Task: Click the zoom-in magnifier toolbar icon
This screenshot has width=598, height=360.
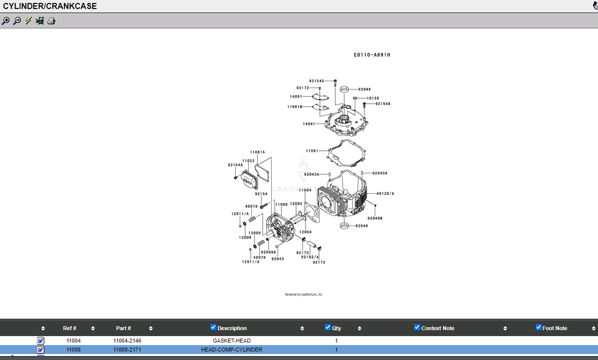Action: coord(5,21)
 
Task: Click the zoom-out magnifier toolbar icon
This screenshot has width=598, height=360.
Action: coord(17,21)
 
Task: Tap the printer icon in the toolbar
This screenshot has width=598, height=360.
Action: coord(51,21)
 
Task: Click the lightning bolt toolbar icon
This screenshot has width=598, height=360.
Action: coord(28,21)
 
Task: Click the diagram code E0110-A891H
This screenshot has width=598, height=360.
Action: coord(372,55)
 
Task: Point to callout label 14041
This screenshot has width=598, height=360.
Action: coord(309,123)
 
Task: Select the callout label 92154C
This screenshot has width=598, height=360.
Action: coord(316,81)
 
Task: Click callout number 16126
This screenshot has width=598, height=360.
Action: coord(373,98)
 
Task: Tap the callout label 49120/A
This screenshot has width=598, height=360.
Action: coord(385,194)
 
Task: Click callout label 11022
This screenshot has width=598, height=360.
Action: coord(248,161)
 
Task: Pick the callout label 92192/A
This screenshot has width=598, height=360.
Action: coord(310,257)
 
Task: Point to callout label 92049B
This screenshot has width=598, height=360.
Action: coord(375,218)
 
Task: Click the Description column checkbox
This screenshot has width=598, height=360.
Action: coord(213,327)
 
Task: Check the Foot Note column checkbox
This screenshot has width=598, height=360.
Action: coord(539,327)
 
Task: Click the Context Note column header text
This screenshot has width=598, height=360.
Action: coord(438,328)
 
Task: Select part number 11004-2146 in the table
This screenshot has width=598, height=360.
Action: coord(128,341)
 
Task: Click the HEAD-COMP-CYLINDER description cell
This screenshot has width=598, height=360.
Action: coord(232,350)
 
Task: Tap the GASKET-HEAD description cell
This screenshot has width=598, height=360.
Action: coord(232,341)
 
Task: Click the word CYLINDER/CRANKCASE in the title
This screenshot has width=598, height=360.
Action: coord(50,6)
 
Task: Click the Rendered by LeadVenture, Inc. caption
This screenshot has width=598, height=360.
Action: coord(304,294)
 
